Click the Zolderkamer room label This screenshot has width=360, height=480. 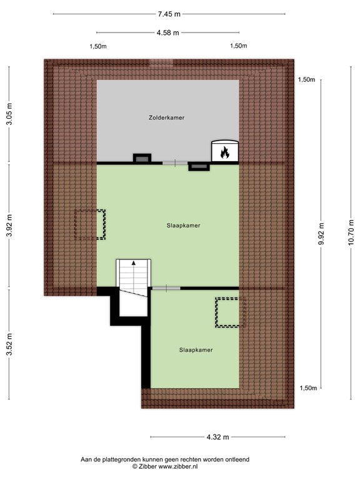[x=166, y=117]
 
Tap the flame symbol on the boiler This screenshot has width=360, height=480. [x=225, y=152]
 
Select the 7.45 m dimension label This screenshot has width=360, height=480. [x=169, y=14]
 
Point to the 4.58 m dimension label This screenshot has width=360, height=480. [x=167, y=32]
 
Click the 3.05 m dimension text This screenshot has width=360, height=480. [x=10, y=114]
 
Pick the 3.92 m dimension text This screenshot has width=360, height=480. [x=10, y=225]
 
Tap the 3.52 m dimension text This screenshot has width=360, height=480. [x=10, y=344]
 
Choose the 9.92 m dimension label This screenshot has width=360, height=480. [x=321, y=234]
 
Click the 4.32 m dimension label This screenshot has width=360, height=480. [x=217, y=437]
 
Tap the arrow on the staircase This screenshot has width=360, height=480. [x=134, y=262]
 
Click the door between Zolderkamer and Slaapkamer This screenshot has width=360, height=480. [x=175, y=163]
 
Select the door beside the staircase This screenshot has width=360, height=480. [x=166, y=288]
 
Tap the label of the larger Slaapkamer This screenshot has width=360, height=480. [x=183, y=226]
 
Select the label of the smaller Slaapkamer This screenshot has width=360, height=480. [x=196, y=350]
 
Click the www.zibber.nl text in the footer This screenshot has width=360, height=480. [x=178, y=466]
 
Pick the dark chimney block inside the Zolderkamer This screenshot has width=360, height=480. [x=142, y=158]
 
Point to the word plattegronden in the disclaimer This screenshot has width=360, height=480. [x=119, y=459]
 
